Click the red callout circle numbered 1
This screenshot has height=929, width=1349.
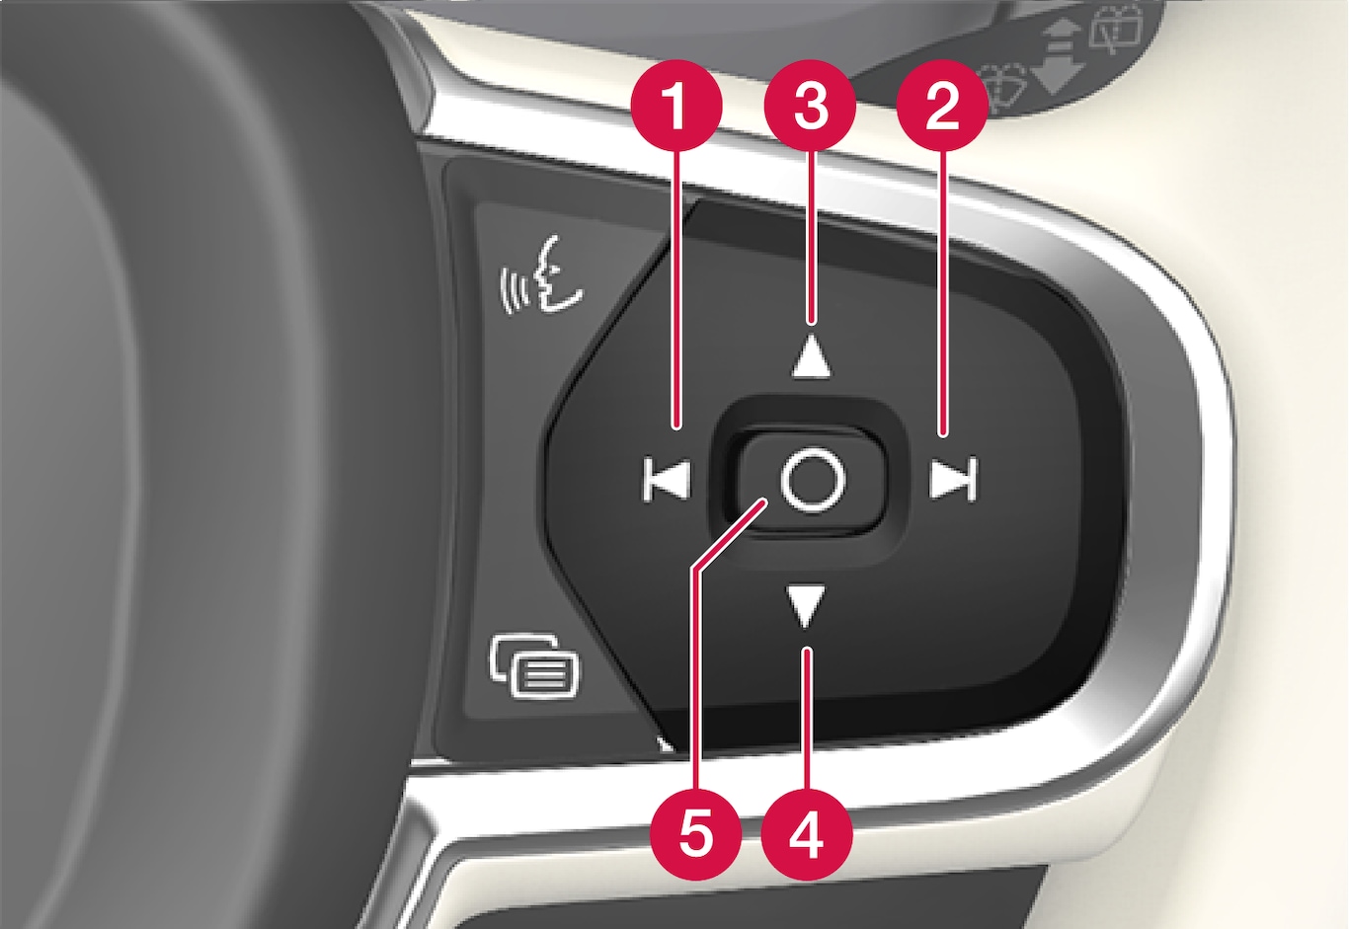(x=676, y=106)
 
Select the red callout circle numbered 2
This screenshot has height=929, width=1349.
(x=942, y=106)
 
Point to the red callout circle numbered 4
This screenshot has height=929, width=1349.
(x=807, y=835)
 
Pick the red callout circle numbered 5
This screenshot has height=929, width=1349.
(x=695, y=835)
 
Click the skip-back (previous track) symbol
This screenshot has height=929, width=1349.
(x=666, y=479)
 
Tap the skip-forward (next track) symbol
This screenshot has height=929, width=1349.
(x=953, y=479)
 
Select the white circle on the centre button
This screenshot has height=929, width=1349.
(x=813, y=480)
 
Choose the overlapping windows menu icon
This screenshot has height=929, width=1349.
(x=535, y=665)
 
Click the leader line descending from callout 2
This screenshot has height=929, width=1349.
(x=943, y=293)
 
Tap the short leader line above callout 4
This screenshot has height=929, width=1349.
(x=807, y=720)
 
